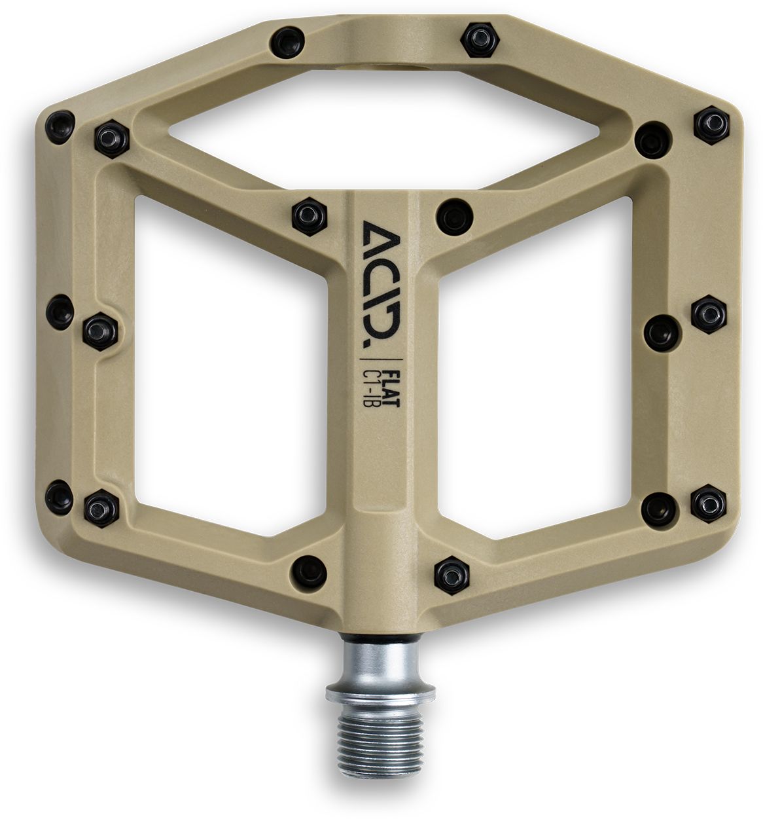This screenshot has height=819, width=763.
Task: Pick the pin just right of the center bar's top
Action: pyautogui.click(x=454, y=213)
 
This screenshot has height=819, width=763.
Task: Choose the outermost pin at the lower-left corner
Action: pyautogui.click(x=59, y=491)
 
